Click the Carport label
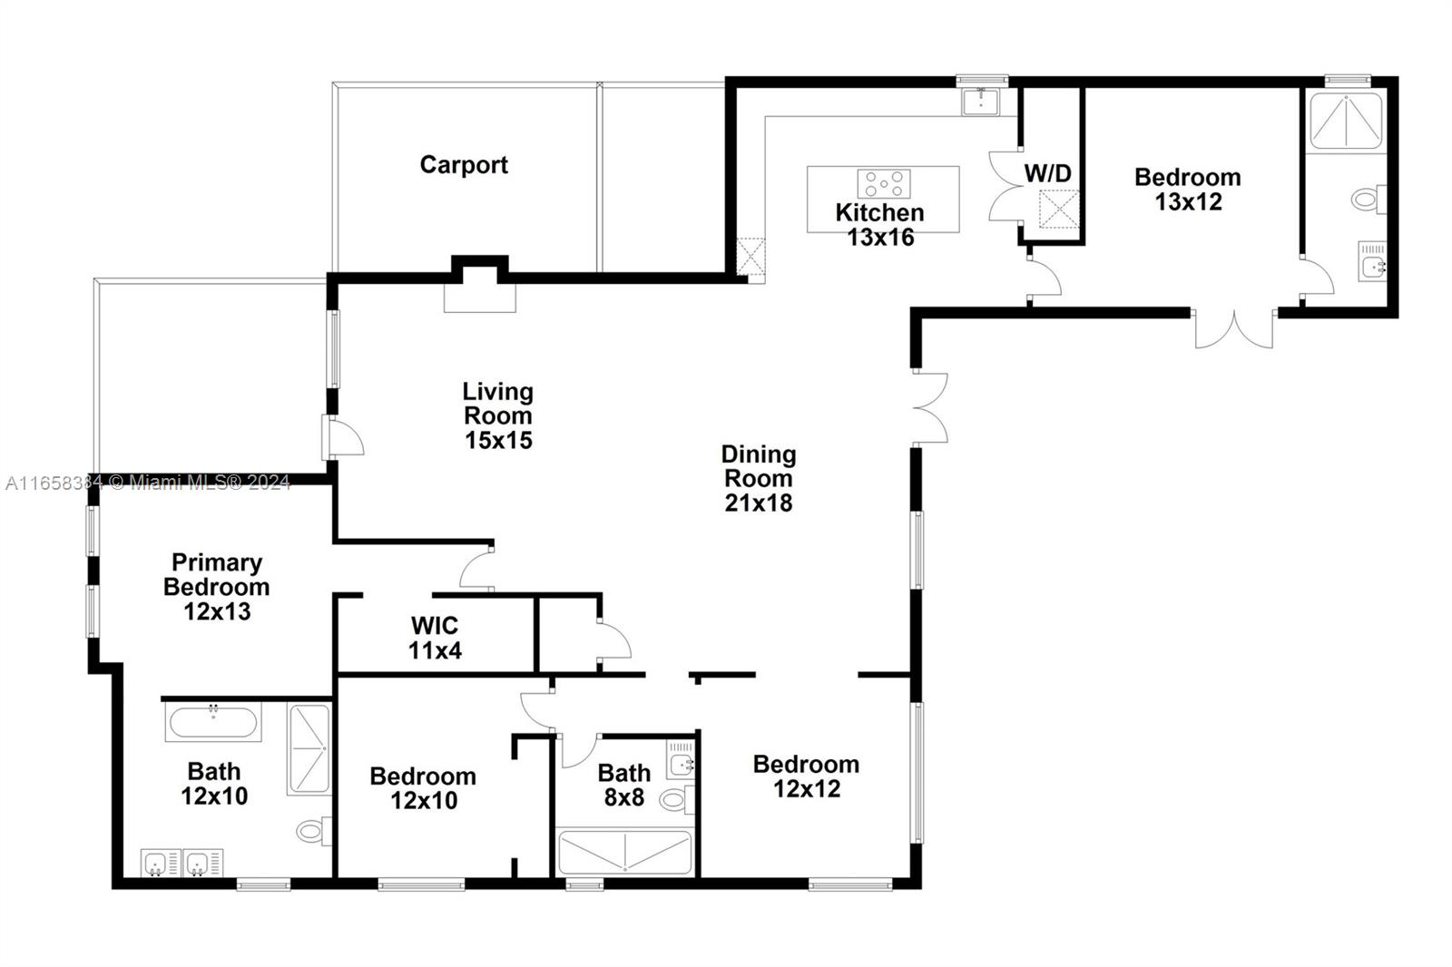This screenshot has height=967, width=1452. coord(464,165)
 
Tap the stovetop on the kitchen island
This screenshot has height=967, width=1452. coord(884,183)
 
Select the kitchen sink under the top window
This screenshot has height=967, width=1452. coord(981,102)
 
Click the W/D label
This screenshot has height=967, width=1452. coord(1047,173)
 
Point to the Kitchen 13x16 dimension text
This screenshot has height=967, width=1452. coord(880,237)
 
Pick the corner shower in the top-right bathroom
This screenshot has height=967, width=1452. coord(1347,122)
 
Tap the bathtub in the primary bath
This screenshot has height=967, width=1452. coord(213,721)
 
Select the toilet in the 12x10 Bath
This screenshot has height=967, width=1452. coord(314,831)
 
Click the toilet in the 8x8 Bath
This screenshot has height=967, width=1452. coord(677,800)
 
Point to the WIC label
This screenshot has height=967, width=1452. coord(435,626)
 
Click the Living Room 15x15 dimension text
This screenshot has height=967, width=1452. coord(498,441)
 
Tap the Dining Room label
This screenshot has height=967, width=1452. coord(759,466)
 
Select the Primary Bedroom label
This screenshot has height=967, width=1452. coord(217,574)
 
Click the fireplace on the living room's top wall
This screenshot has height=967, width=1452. coord(480,285)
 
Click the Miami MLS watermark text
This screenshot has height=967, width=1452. coord(200,483)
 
